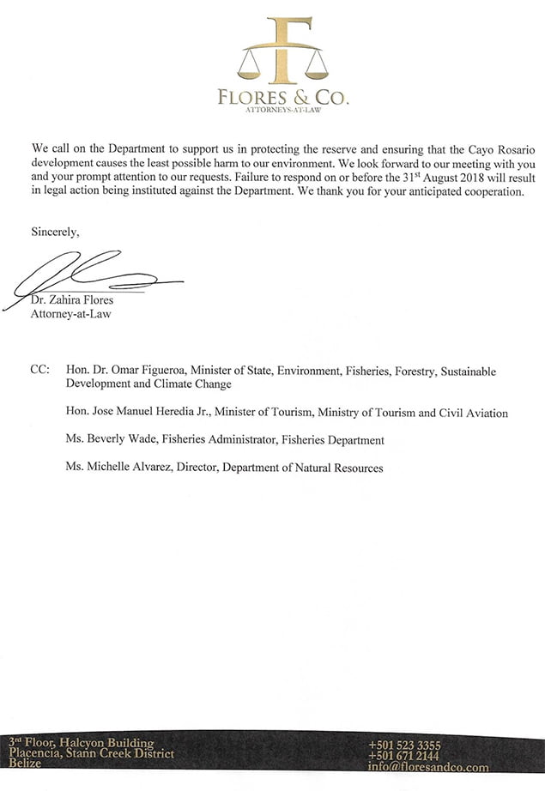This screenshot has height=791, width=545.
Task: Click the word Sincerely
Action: click(55, 232)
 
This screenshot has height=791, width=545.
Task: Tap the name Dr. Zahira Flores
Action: click(73, 300)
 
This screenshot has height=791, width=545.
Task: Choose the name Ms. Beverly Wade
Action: click(110, 440)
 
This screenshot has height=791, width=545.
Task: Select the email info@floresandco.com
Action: click(427, 768)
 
